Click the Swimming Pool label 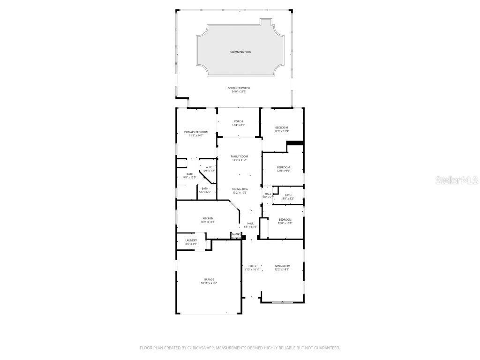(x=240, y=52)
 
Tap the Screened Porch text (x=239, y=88)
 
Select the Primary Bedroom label (x=196, y=132)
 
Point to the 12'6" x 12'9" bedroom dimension (x=282, y=131)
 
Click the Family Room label (x=239, y=156)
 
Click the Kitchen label (x=208, y=218)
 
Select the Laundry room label (x=184, y=240)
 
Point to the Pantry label (x=236, y=234)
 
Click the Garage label (x=209, y=279)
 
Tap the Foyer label (x=252, y=266)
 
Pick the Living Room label (x=282, y=266)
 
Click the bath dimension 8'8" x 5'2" (x=287, y=199)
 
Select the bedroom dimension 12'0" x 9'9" (x=283, y=171)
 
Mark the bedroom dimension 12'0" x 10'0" (x=285, y=223)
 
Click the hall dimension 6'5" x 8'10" (x=250, y=227)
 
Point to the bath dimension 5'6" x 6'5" (x=205, y=192)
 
